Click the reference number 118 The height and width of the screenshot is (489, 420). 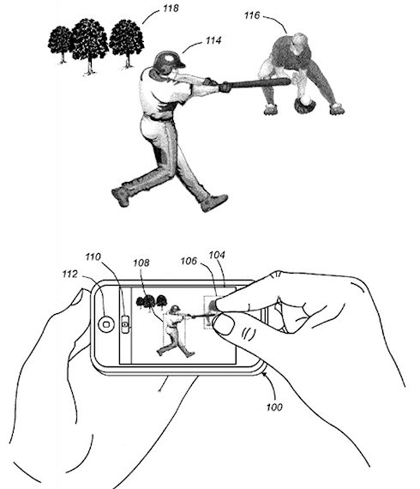171,8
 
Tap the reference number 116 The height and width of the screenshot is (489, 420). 252,15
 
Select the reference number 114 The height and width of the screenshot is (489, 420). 213,40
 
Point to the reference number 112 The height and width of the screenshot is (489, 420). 69,274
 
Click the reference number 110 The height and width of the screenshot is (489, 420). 93,257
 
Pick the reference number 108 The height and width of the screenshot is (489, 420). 141,263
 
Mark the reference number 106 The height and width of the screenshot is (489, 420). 189,261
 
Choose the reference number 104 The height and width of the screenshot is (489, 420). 217,255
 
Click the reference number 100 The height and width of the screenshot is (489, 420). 274,407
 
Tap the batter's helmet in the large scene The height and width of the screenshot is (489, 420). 169,60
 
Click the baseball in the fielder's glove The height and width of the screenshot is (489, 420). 306,100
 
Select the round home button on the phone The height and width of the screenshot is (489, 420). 106,324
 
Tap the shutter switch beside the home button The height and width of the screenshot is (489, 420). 125,324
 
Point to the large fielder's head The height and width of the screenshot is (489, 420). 299,43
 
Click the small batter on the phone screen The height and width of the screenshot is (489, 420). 175,330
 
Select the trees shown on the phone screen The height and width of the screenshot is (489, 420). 152,301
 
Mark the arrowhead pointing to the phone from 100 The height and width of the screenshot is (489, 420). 265,375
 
